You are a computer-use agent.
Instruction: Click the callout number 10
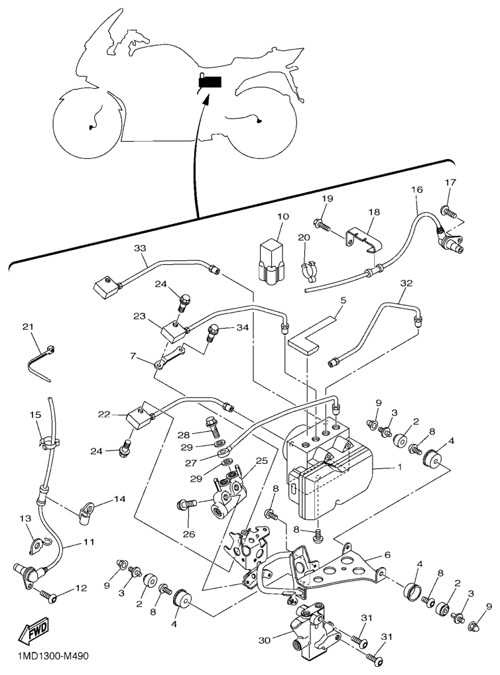coord(283,216)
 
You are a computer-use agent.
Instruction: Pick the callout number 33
coord(140,248)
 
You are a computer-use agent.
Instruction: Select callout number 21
coord(28,327)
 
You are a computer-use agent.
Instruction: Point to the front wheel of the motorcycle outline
coord(87,125)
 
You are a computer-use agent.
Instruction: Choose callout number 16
coord(416,189)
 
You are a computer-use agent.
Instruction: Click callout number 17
coord(450,182)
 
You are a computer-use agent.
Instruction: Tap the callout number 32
coord(406,283)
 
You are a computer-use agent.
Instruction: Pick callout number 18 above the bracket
coord(375,212)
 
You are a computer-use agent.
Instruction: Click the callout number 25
coord(261,460)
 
